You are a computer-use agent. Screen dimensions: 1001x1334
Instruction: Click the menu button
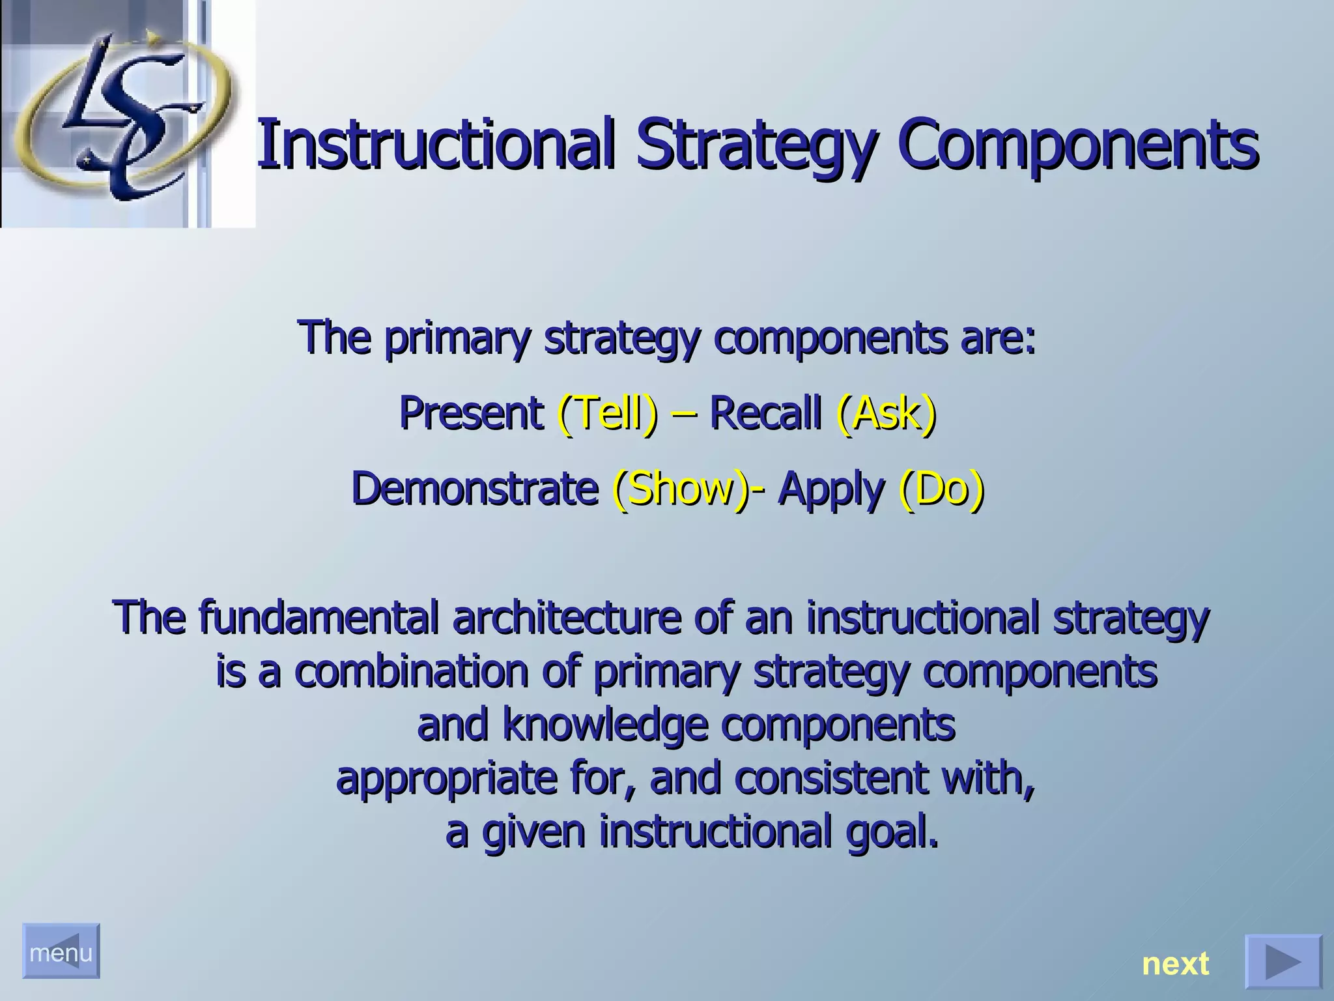click(61, 951)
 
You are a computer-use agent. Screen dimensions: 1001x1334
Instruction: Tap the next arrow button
click(1283, 961)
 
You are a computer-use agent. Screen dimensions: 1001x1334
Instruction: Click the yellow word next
click(1175, 963)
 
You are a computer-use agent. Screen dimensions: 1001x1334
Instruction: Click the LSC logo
click(121, 114)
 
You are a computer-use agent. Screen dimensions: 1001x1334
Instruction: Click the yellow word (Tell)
click(608, 414)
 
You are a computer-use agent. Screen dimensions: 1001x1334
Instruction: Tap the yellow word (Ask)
click(887, 414)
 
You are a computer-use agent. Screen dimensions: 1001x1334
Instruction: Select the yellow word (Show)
click(681, 489)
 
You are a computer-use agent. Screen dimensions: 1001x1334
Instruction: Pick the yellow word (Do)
click(941, 489)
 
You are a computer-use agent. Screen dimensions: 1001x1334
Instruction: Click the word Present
click(471, 414)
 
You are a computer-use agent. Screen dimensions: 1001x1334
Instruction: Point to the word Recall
click(765, 414)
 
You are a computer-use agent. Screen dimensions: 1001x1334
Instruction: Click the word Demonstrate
click(475, 489)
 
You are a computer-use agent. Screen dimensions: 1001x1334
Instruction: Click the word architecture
click(566, 618)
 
